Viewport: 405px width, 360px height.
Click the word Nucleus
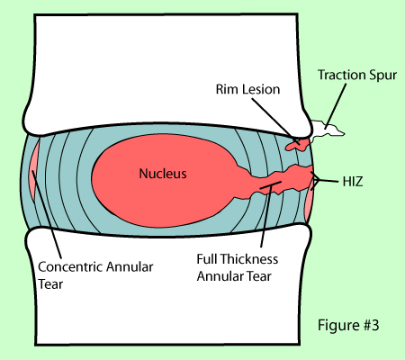click(162, 174)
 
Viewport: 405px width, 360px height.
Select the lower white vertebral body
click(166, 288)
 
